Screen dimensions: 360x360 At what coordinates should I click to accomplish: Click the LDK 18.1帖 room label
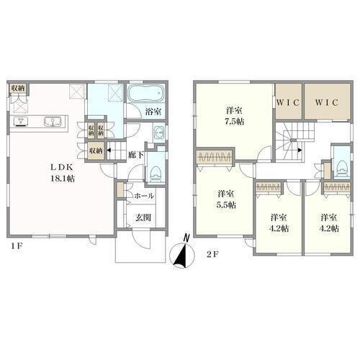pyautogui.click(x=62, y=173)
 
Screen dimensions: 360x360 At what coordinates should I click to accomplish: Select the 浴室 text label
pyautogui.click(x=153, y=112)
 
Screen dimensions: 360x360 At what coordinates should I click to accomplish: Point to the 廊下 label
pyautogui.click(x=135, y=155)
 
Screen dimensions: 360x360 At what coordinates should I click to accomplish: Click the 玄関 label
pyautogui.click(x=143, y=217)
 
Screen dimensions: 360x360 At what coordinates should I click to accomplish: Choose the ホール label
pyautogui.click(x=144, y=196)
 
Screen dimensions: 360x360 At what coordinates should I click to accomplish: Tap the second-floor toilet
pyautogui.click(x=343, y=168)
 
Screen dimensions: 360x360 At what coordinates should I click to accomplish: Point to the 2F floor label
pyautogui.click(x=212, y=254)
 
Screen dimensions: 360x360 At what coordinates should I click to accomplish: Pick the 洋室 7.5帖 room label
pyautogui.click(x=235, y=116)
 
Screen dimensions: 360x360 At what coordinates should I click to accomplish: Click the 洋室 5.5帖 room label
pyautogui.click(x=227, y=199)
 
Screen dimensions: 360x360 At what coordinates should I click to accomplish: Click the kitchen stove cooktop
pyautogui.click(x=21, y=122)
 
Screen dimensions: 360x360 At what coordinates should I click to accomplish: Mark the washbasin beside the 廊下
pyautogui.click(x=159, y=132)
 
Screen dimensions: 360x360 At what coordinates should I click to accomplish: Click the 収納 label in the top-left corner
pyautogui.click(x=18, y=88)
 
